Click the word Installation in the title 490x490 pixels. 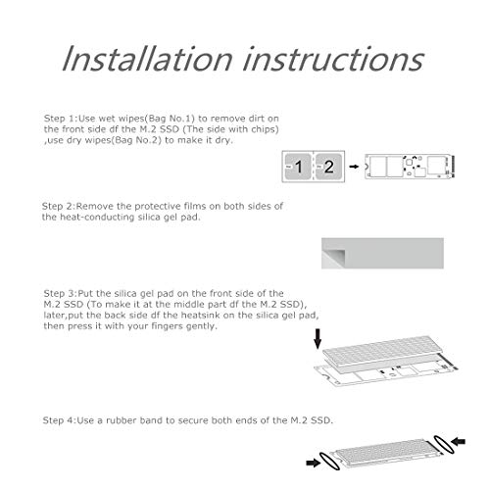(x=148, y=59)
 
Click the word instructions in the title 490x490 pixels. (x=333, y=59)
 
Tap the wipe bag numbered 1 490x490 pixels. (x=298, y=167)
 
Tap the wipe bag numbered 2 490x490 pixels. (x=328, y=167)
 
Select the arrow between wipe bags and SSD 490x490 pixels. (x=354, y=167)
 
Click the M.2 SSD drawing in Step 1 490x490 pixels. (x=410, y=167)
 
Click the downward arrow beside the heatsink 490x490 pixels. (x=318, y=339)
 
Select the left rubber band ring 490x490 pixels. (x=330, y=462)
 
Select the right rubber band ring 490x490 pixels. (x=444, y=444)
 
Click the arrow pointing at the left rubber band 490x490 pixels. (x=314, y=463)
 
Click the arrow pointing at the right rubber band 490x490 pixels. (x=459, y=442)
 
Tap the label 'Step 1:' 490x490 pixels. (x=61, y=119)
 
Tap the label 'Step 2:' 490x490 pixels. (x=59, y=206)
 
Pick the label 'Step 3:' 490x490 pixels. (x=61, y=293)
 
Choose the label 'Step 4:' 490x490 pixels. (x=60, y=420)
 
